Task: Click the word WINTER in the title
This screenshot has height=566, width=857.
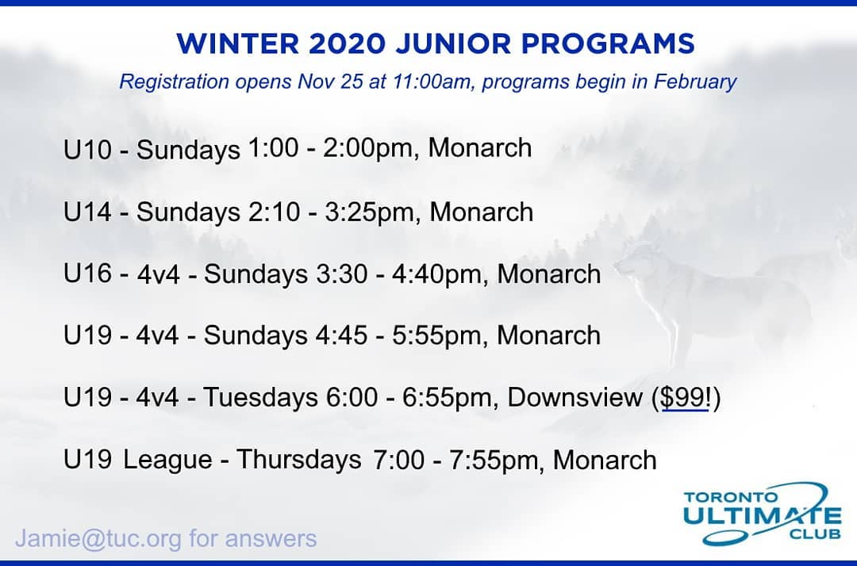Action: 238,44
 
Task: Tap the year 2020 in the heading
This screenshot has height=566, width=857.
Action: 348,44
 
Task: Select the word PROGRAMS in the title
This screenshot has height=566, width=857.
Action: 608,44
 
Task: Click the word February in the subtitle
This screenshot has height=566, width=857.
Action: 695,82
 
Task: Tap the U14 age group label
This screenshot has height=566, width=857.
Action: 87,212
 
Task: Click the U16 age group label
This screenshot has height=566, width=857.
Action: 87,273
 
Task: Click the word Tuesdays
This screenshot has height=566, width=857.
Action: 261,397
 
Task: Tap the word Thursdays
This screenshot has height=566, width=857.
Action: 299,460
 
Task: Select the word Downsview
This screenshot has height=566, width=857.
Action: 575,397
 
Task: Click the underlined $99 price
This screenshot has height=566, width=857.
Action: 684,397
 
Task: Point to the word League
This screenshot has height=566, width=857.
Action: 167,460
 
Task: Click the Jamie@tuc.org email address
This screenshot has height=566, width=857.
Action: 98,539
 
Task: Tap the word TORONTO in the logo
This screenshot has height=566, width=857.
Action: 730,497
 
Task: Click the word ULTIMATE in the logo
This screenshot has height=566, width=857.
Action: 762,516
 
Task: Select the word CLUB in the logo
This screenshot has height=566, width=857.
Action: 815,533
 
